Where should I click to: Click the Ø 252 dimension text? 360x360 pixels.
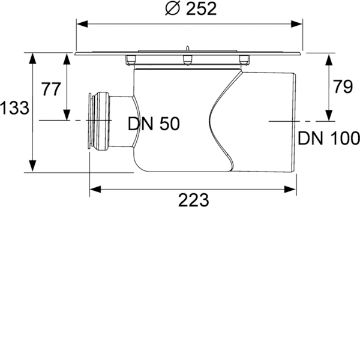coord(191,9)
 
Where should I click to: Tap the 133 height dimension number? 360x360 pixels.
coord(14,108)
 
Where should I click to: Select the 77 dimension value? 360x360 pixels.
coord(51,89)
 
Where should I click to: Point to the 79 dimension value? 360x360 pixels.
coord(343,86)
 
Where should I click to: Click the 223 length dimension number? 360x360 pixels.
coord(194,200)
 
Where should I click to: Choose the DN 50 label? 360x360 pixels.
coord(154,124)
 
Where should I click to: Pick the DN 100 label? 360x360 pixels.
coord(329,138)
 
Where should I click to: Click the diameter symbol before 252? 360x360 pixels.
coord(172,9)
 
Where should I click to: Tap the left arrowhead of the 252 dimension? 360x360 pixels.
coord(82,23)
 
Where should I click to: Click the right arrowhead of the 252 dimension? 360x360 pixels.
coord(296,23)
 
